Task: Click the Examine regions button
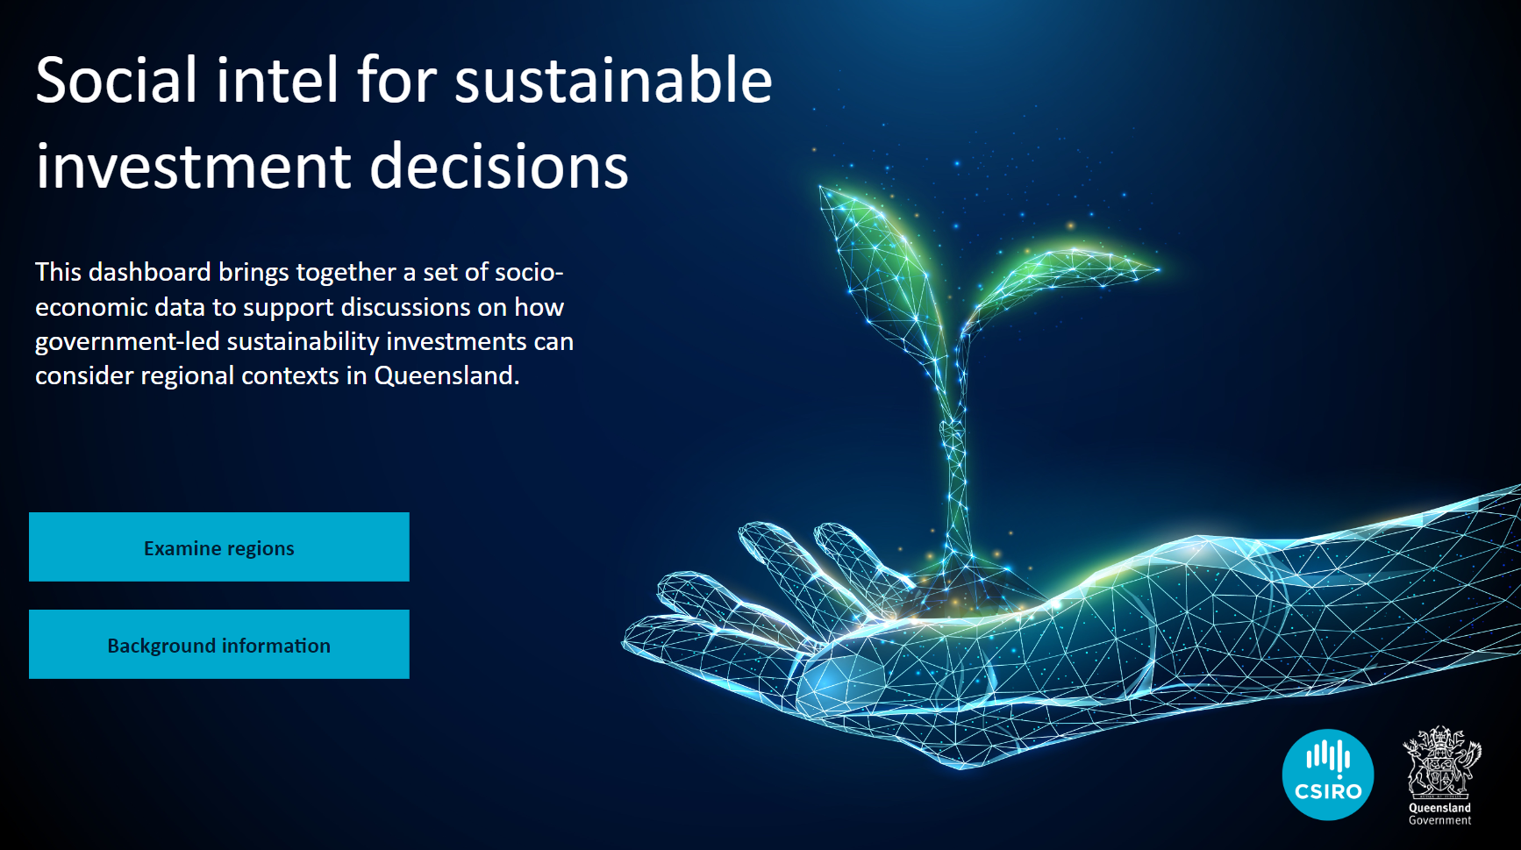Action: click(219, 546)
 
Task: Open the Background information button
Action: click(219, 644)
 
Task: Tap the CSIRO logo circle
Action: click(1328, 775)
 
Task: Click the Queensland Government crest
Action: click(1441, 761)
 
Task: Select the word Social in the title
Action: click(117, 81)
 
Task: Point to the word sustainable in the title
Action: click(613, 81)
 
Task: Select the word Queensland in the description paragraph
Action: click(446, 376)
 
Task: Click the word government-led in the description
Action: click(127, 342)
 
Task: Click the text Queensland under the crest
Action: click(1440, 808)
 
